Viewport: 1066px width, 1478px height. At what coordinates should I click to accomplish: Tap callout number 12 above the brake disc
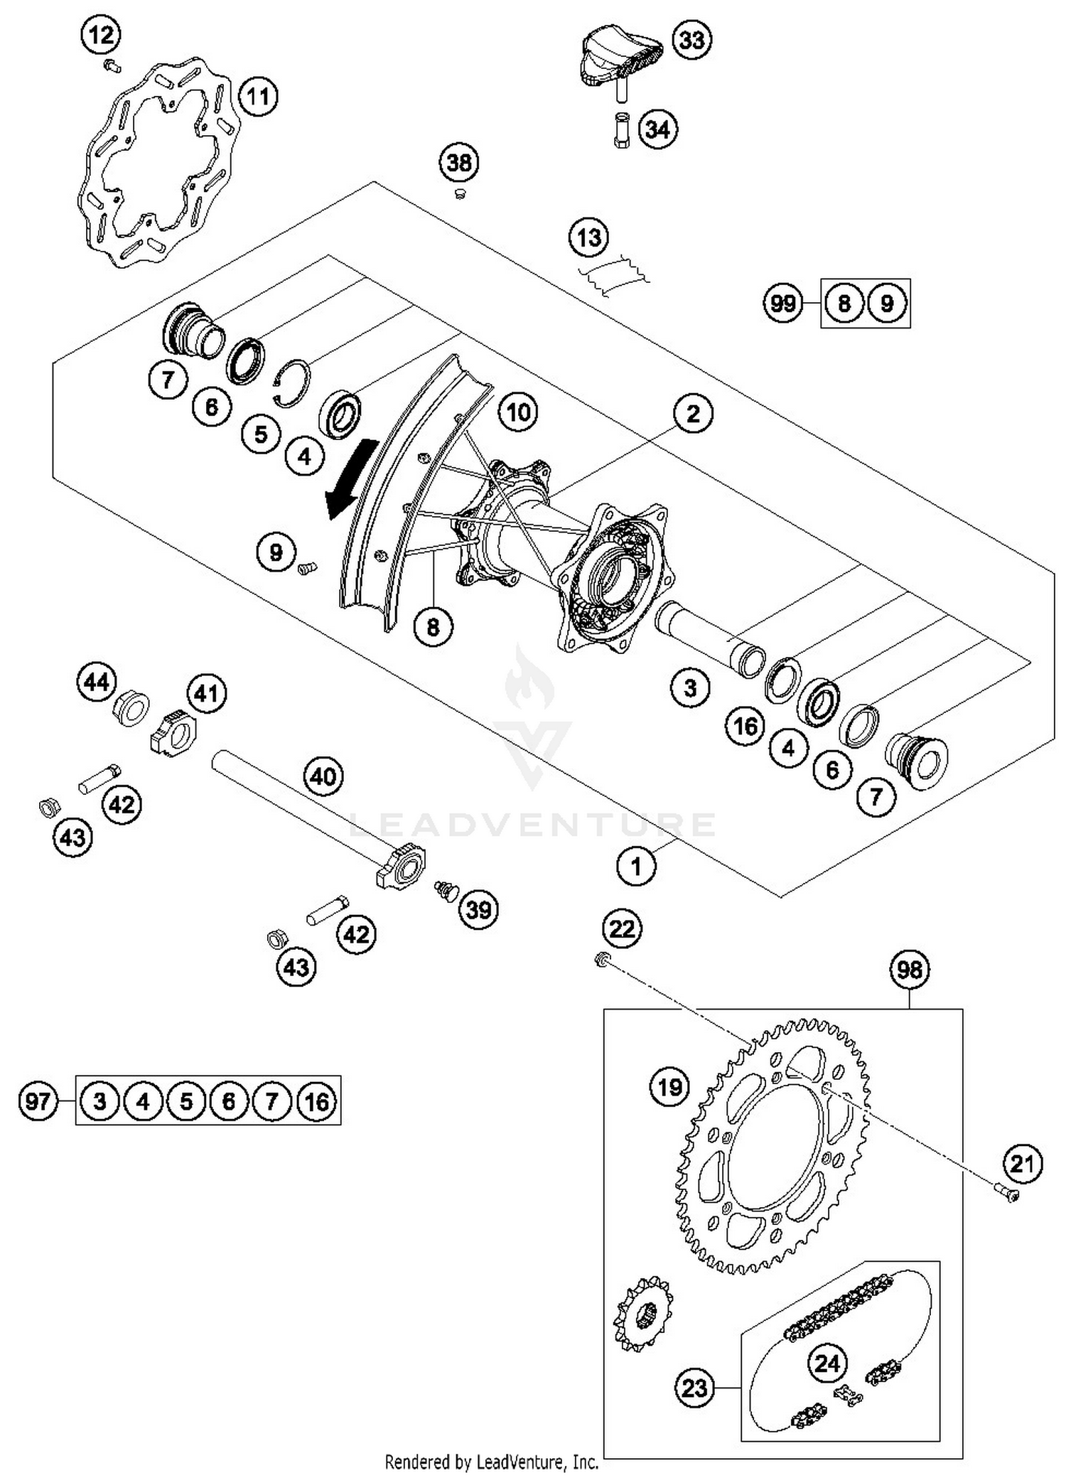[x=101, y=34]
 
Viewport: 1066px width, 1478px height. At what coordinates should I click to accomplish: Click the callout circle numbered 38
[x=459, y=163]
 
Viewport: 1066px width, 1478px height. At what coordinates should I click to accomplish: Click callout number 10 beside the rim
[x=518, y=412]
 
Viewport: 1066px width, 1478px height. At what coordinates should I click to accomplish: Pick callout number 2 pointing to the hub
[x=693, y=413]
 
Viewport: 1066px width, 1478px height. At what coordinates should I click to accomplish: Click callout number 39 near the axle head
[x=478, y=909]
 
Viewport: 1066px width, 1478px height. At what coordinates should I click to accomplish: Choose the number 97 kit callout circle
[x=38, y=1101]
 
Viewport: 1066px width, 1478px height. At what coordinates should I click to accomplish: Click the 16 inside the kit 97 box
[x=316, y=1101]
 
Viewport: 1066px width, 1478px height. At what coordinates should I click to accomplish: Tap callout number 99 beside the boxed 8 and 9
[x=782, y=304]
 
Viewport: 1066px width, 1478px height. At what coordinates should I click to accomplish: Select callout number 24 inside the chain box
[x=827, y=1363]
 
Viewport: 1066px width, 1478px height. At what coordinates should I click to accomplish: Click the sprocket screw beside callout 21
[x=1006, y=1197]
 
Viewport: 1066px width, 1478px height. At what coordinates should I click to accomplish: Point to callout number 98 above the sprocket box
[x=910, y=970]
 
